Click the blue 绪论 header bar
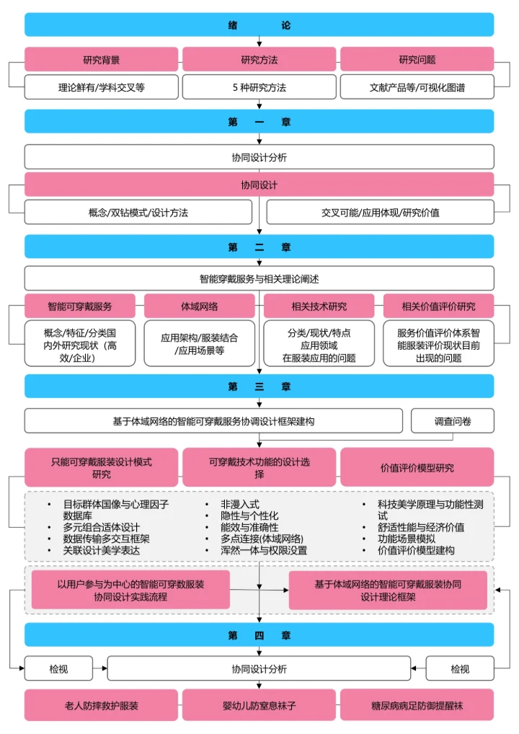coord(259,25)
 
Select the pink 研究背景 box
coord(101,60)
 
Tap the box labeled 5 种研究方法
coord(259,87)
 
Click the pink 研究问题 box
coord(417,60)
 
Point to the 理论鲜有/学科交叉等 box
coord(101,87)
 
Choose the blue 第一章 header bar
coord(259,122)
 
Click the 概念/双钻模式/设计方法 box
coord(138,213)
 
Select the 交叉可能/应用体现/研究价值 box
coord(380,213)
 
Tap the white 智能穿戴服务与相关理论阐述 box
coord(259,278)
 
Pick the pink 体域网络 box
coord(200,306)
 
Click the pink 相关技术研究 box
coord(319,306)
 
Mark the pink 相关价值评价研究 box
coord(438,306)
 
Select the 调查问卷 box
coord(452,421)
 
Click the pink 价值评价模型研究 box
coord(417,467)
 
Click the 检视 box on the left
coord(58,669)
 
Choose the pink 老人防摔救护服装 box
coord(101,704)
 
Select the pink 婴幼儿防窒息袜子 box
coord(259,704)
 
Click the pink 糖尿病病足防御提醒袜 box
coord(417,704)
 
